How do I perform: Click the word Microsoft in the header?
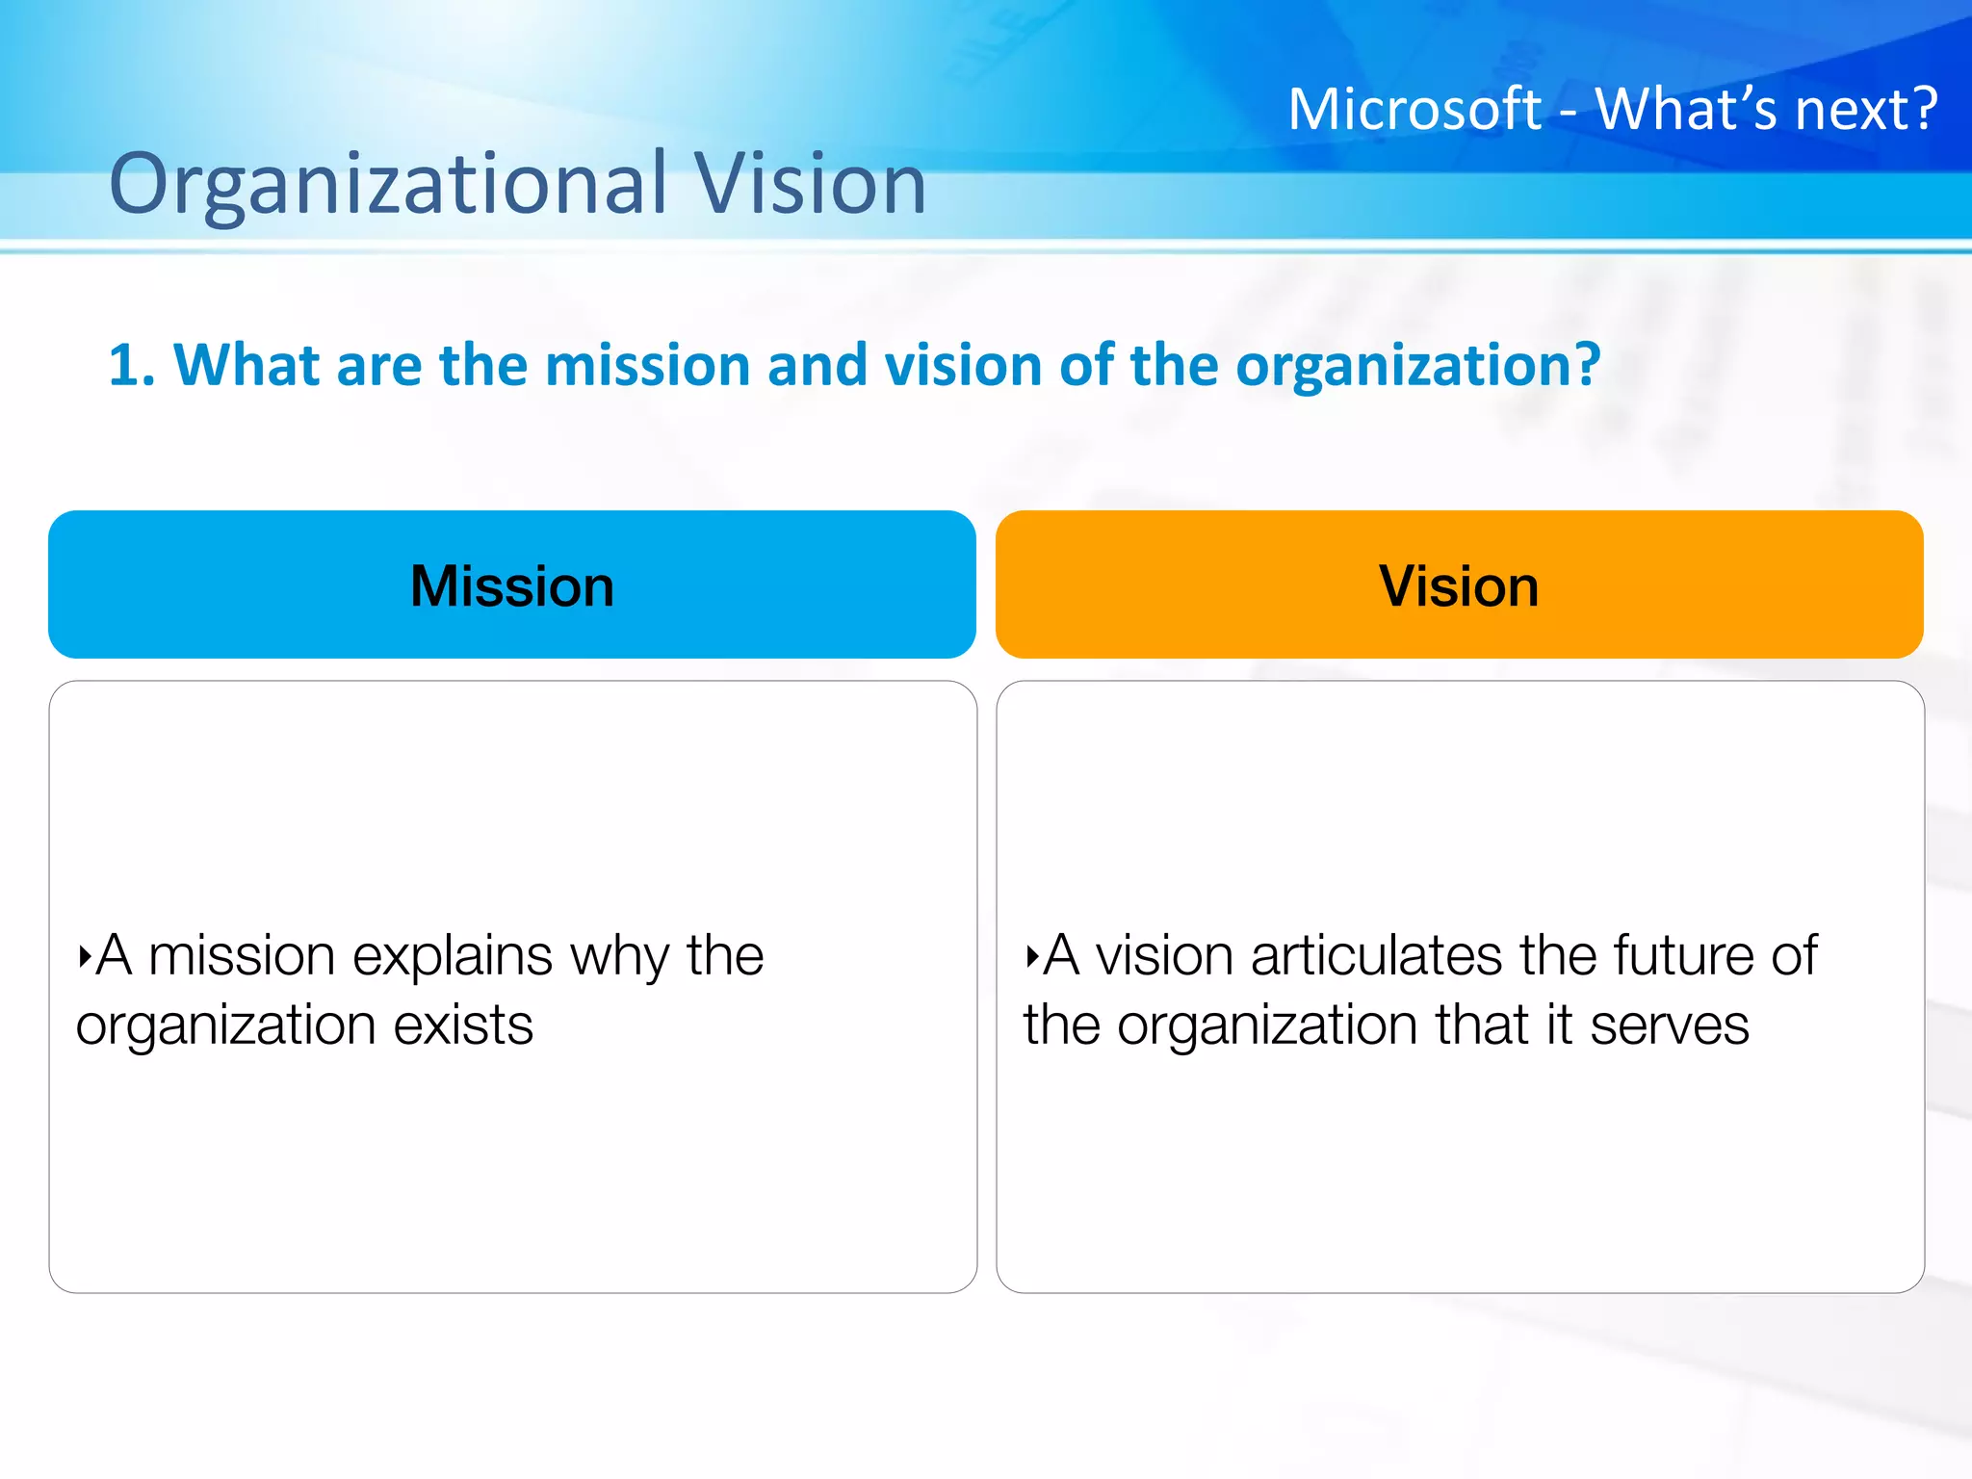pyautogui.click(x=1414, y=109)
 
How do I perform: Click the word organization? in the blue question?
pyautogui.click(x=1417, y=366)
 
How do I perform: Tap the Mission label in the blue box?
pyautogui.click(x=511, y=585)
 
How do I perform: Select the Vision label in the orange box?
pyautogui.click(x=1458, y=585)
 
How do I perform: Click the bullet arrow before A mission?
pyautogui.click(x=85, y=957)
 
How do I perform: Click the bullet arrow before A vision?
pyautogui.click(x=1032, y=957)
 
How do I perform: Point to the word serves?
pyautogui.click(x=1669, y=1025)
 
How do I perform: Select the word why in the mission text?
pyautogui.click(x=619, y=957)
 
